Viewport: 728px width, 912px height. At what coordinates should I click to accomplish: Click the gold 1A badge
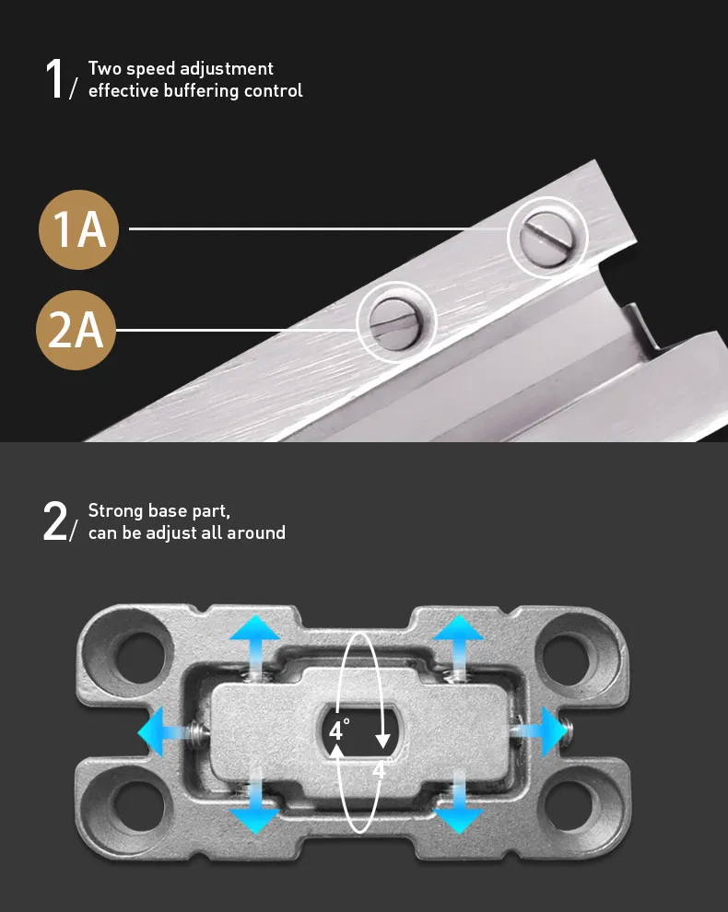[78, 229]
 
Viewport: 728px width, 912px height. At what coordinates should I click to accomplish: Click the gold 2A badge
[76, 330]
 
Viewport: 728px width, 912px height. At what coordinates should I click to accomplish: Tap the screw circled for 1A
[546, 238]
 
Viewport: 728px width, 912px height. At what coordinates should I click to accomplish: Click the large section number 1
[54, 79]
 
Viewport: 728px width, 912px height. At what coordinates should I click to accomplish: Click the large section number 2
[55, 521]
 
